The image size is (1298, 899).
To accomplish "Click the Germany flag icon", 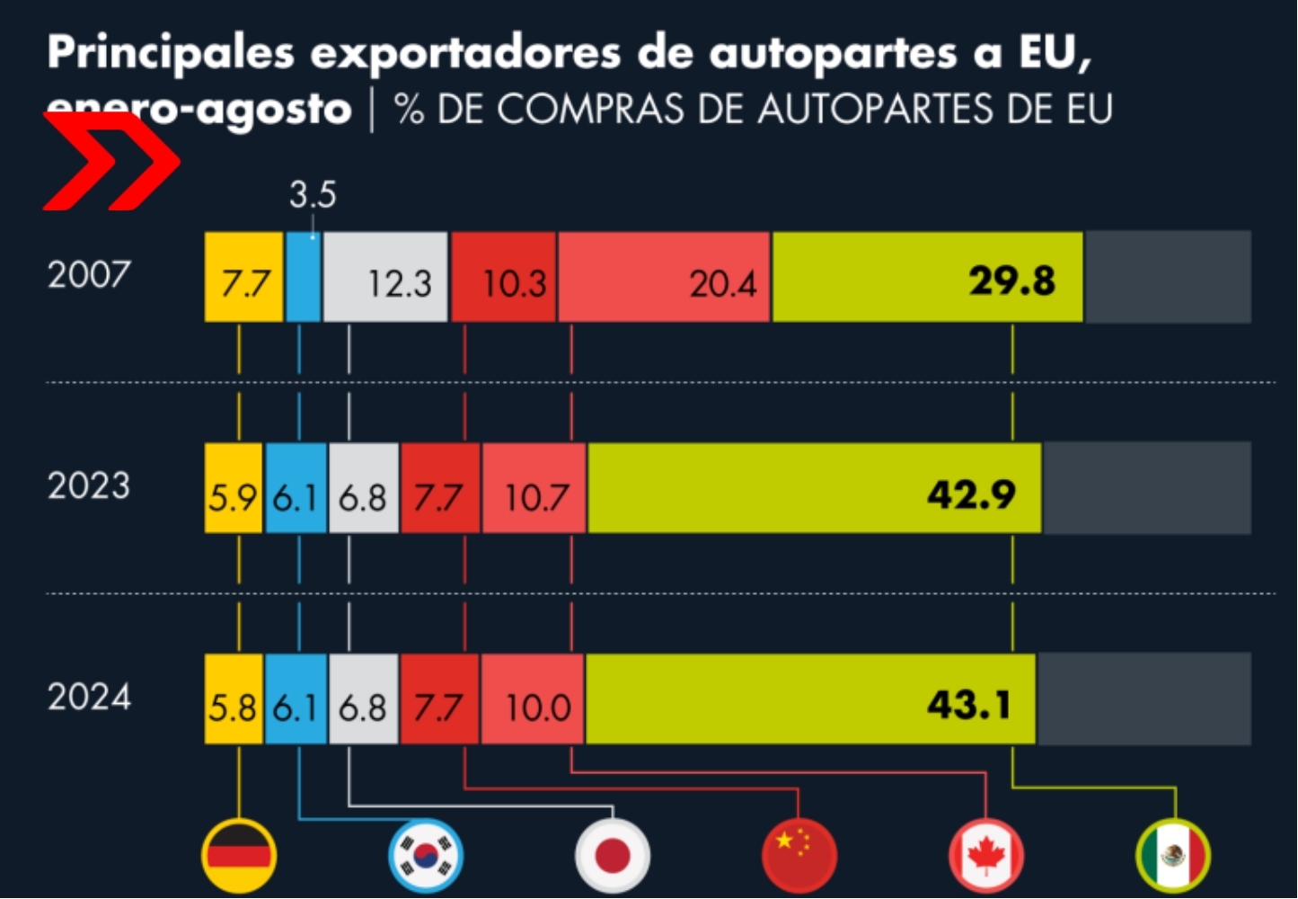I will (x=239, y=854).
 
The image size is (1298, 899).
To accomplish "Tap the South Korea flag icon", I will (x=426, y=854).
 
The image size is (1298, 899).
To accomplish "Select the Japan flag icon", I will (x=613, y=854).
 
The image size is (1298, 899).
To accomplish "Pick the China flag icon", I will (x=799, y=854).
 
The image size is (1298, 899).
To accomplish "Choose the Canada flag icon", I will (x=985, y=854).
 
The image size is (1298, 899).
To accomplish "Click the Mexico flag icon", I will (x=1172, y=854).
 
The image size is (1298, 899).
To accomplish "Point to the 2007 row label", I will (x=89, y=274).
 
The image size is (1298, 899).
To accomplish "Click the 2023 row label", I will (x=89, y=486).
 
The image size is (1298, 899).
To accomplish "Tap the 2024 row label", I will (x=89, y=697).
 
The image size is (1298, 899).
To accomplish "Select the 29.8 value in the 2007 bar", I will (x=1011, y=281).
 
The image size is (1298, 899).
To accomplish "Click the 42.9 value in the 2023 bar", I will (x=971, y=494).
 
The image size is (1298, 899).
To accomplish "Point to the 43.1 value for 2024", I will (x=968, y=705).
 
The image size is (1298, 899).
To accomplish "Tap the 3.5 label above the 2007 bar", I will (x=313, y=195).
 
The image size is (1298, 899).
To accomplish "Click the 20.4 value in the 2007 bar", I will (x=722, y=284).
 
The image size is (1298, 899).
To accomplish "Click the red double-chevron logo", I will (x=111, y=164).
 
